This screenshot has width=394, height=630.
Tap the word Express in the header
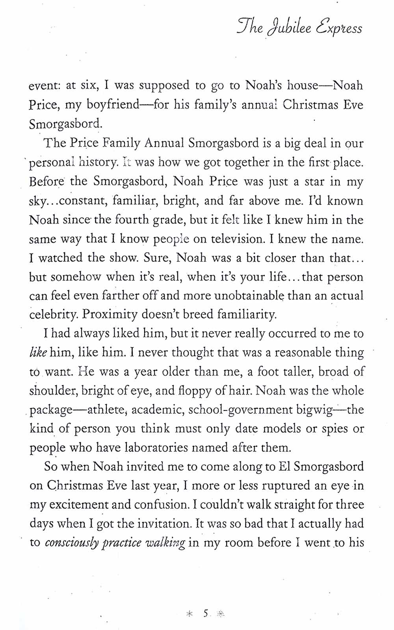pos(339,28)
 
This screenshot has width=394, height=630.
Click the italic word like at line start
pos(38,352)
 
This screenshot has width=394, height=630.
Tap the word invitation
pos(162,524)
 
